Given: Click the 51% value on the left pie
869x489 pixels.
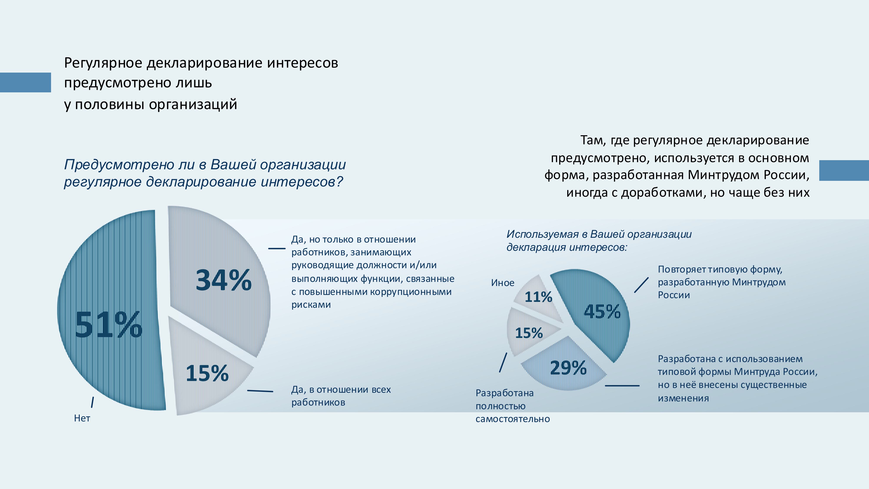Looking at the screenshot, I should pos(108,325).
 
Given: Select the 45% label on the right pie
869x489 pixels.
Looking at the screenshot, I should pos(602,311).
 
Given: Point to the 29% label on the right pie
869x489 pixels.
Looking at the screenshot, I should pos(568,368).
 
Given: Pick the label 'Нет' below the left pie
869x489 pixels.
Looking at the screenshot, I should pos(82,418).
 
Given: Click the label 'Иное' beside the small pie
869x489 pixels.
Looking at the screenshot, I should pos(503,283).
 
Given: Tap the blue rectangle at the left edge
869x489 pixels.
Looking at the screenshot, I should pos(25,82).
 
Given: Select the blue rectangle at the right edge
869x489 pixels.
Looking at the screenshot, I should pos(844,170).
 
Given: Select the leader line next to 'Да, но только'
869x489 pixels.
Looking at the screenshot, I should pos(277,249).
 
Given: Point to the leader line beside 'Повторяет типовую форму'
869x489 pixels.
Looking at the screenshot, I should pos(641,285).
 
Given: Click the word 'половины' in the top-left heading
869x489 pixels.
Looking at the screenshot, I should pos(110,105).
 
